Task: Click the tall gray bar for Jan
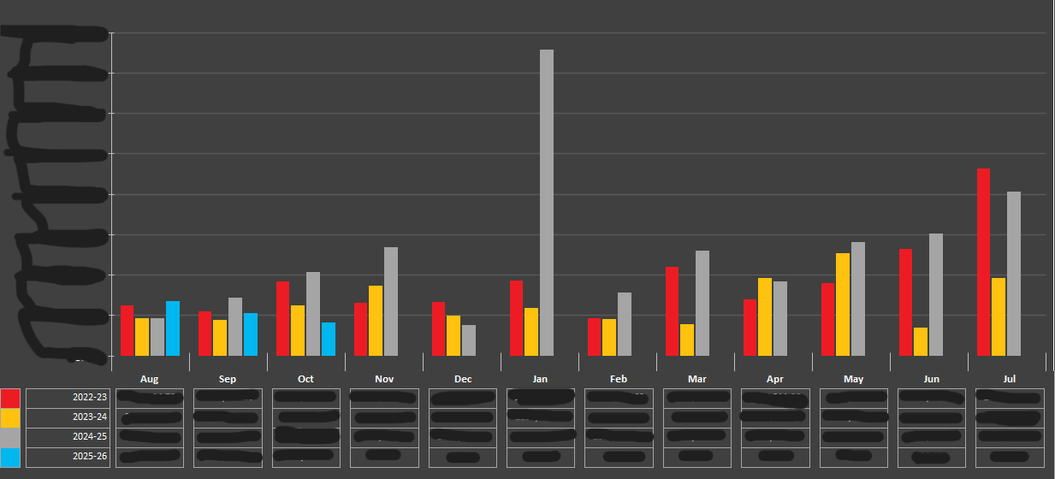(547, 202)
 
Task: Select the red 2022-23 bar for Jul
(983, 262)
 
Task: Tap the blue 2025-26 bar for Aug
(173, 328)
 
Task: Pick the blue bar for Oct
(329, 339)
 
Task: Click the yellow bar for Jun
(921, 341)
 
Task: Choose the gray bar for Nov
(391, 301)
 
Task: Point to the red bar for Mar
(672, 310)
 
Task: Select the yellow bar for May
(843, 304)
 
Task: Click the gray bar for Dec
(469, 340)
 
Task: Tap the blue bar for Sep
(251, 334)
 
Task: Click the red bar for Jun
(905, 302)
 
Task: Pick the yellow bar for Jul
(999, 316)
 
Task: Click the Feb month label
(619, 379)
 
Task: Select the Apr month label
(775, 379)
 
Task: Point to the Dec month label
(463, 379)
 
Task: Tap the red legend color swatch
(10, 398)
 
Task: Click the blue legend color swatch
(10, 457)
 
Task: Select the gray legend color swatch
(10, 437)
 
